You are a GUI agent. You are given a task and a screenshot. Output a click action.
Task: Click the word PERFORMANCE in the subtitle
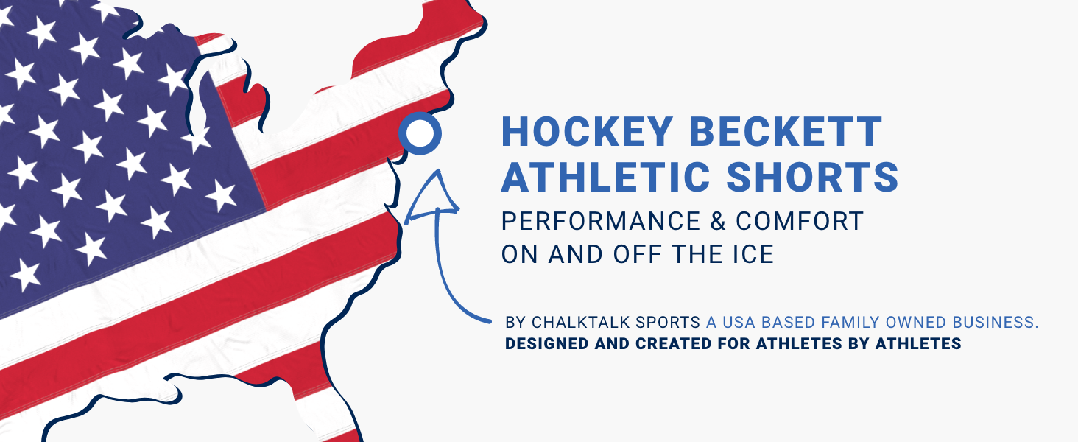pos(601,221)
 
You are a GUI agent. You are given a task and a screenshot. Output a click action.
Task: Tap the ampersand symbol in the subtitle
pos(717,221)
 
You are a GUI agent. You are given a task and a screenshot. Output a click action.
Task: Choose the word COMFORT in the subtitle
pos(800,221)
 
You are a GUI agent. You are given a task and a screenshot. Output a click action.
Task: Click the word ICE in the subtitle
pos(754,254)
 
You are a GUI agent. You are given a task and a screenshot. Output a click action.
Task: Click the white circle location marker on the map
pos(420,133)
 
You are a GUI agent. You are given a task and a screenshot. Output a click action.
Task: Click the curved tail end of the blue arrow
pos(489,321)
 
